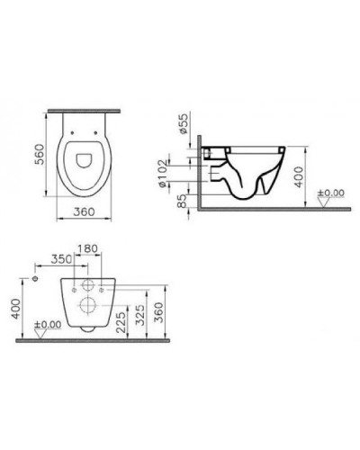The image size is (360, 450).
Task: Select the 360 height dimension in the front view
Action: coord(158,310)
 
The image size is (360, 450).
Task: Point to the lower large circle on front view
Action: coord(87,306)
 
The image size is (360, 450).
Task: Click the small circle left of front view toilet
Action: coord(34,281)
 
